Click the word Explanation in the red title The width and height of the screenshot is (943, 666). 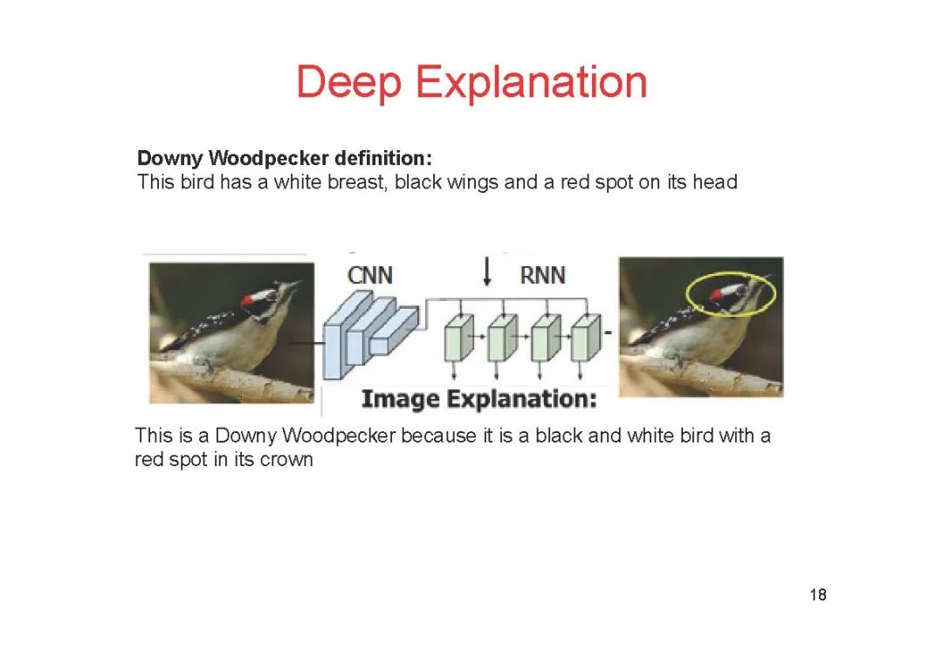click(x=531, y=84)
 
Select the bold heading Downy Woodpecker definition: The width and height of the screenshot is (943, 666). click(x=285, y=159)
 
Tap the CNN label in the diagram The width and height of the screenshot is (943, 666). click(x=370, y=275)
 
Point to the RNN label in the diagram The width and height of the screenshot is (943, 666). click(x=542, y=275)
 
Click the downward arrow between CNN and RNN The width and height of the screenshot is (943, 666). click(x=487, y=272)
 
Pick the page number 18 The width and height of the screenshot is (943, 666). click(x=818, y=595)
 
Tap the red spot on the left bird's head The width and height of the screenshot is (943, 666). click(x=248, y=301)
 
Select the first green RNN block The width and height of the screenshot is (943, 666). click(x=458, y=338)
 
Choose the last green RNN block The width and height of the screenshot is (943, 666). click(x=586, y=338)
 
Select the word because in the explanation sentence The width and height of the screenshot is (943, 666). click(x=440, y=436)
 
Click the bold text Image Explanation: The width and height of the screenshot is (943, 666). click(x=479, y=400)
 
